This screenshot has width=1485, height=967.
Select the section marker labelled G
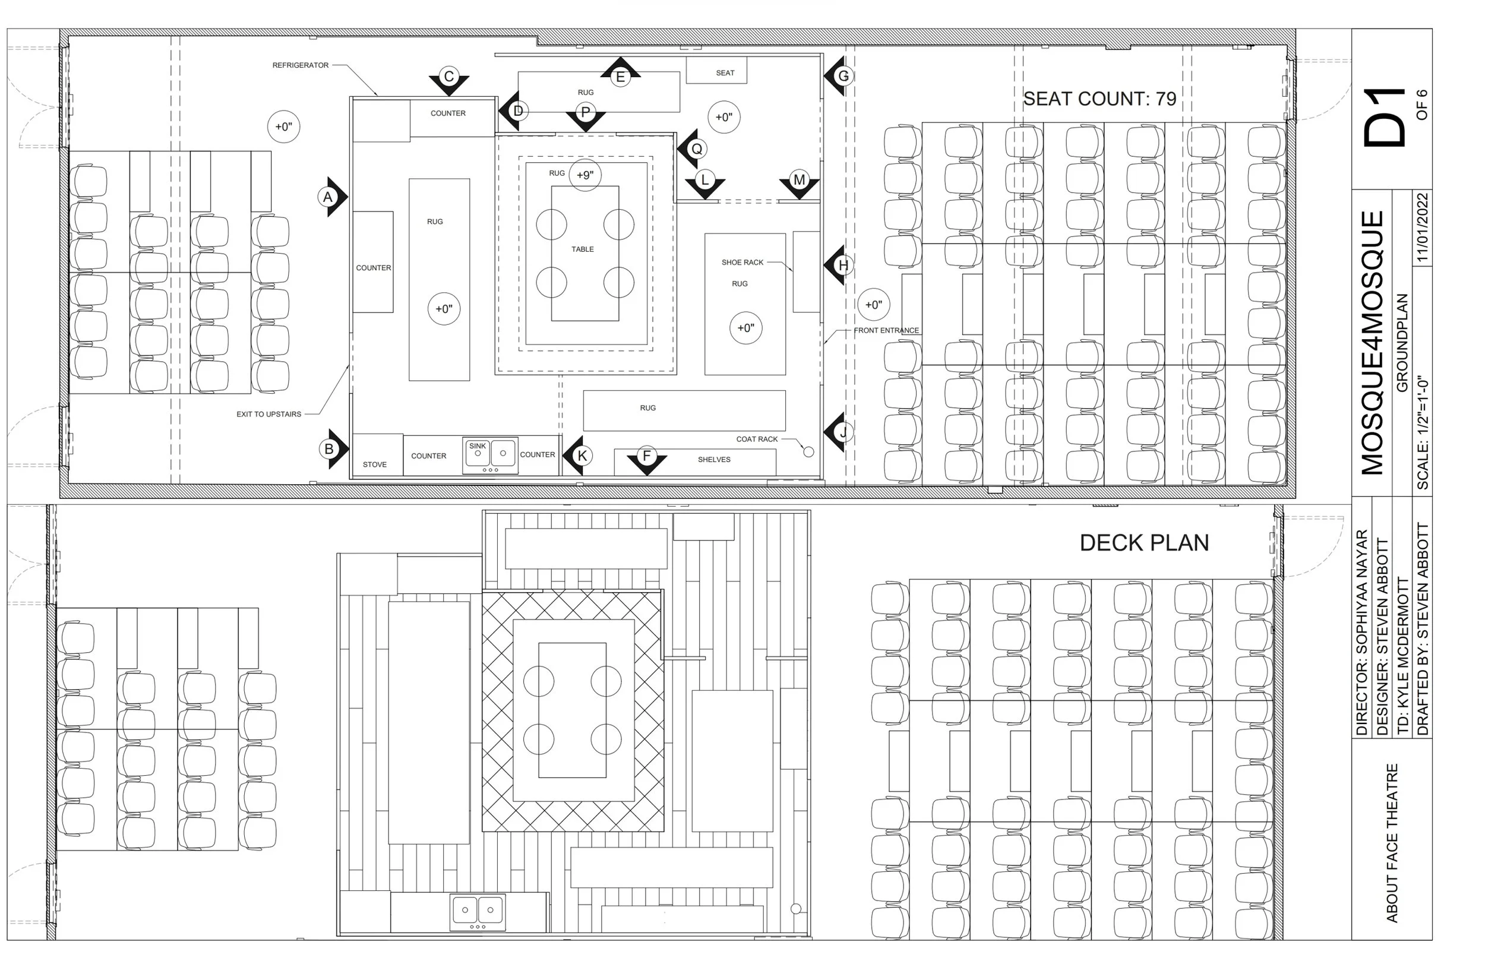tap(843, 76)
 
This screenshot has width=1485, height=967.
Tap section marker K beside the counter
tap(582, 456)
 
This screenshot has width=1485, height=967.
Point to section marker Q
tap(696, 149)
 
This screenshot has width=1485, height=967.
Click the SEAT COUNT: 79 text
tap(1099, 99)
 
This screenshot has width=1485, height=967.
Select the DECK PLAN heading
tap(1143, 543)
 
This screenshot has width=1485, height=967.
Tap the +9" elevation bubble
tap(584, 175)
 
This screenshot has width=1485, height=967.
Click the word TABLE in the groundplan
tap(582, 249)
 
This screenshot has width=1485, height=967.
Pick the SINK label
tap(478, 446)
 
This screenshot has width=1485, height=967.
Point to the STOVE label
tap(374, 464)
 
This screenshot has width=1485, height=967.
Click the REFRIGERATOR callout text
tap(300, 65)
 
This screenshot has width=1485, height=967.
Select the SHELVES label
tap(714, 460)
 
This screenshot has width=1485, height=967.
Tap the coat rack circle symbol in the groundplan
tap(808, 451)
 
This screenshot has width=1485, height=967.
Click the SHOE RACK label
tap(742, 262)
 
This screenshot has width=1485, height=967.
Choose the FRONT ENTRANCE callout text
tap(886, 330)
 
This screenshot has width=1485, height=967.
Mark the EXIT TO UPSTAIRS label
tap(268, 414)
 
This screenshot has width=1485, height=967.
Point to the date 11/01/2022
tap(1422, 227)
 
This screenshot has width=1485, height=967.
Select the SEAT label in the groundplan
tap(725, 73)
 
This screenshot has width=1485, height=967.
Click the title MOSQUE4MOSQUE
tap(1373, 343)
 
